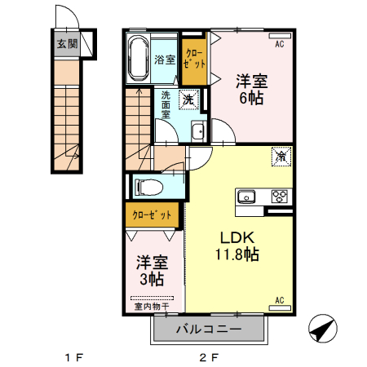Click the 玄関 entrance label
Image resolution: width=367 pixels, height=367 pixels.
(67, 44)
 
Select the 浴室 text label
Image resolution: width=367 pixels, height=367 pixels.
(166, 59)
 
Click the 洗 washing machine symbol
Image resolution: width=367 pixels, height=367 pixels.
(188, 99)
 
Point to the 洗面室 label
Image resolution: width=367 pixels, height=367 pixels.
(165, 104)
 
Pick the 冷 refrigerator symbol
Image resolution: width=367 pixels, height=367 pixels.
(281, 155)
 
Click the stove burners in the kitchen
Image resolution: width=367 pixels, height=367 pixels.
(280, 196)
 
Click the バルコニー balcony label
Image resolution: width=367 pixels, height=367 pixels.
(209, 329)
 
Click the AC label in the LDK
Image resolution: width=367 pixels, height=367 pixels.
(279, 301)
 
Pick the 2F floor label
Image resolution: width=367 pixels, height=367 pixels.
(210, 356)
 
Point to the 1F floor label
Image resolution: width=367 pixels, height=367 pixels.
(75, 356)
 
